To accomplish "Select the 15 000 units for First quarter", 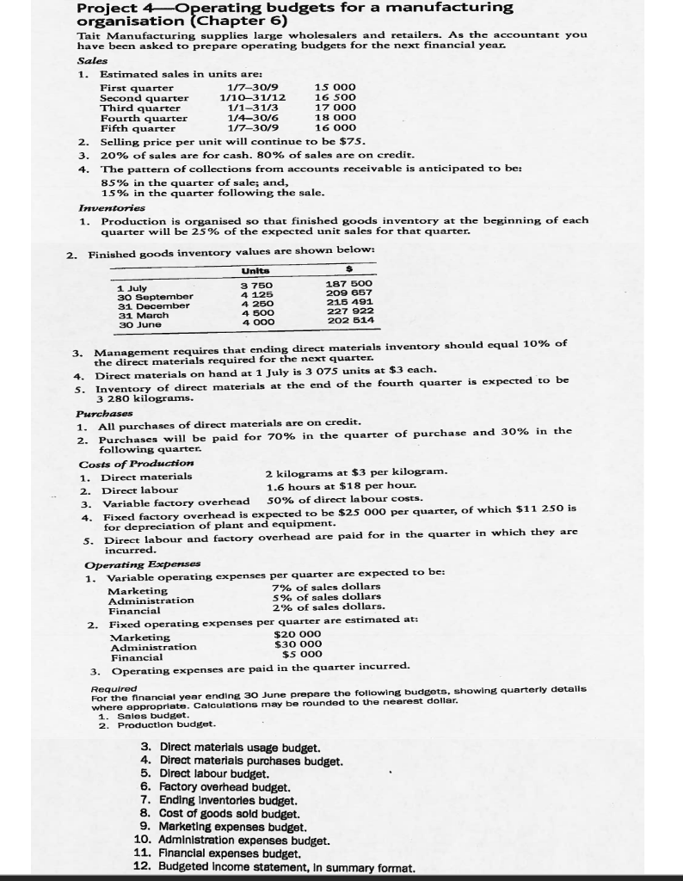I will click(333, 88).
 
